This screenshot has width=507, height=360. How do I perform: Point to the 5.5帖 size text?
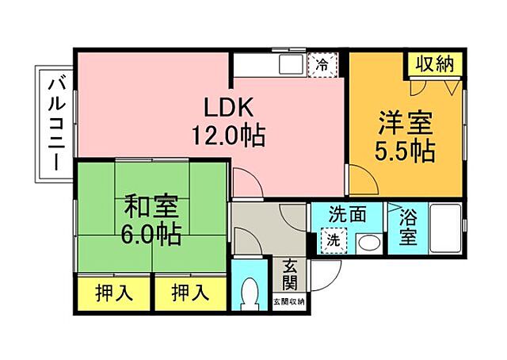404,151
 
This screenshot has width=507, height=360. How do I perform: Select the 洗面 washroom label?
347,214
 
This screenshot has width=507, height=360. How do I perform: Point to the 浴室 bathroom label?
409,226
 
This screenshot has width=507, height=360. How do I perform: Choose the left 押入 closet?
114,293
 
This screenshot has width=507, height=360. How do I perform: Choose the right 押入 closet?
189,293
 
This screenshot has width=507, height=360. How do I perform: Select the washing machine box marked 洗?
332,239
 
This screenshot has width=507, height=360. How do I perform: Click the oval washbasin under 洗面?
368,242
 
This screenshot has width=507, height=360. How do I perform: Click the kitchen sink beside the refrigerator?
289,64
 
